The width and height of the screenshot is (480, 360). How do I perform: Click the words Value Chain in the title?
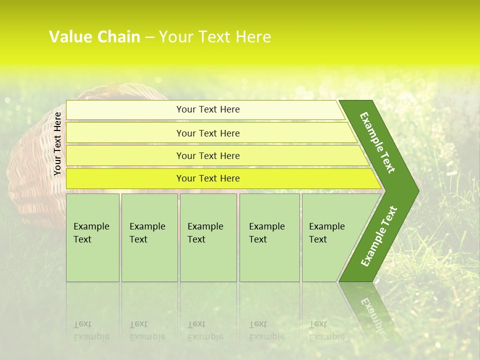click(94, 37)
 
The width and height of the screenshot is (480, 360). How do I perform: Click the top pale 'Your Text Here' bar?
click(207, 110)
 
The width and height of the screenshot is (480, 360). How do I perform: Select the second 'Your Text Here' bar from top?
click(207, 133)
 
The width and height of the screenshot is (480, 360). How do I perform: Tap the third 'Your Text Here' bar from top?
click(207, 156)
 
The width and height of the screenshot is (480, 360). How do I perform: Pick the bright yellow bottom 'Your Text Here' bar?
click(207, 178)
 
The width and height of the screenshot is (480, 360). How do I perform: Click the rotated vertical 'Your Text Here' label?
click(57, 144)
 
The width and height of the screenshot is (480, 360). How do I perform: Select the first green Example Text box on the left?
click(92, 237)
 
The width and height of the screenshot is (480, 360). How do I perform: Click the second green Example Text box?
click(149, 237)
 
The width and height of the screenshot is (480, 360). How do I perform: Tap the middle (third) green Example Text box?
click(208, 237)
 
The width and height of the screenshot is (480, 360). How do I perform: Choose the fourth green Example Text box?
click(269, 237)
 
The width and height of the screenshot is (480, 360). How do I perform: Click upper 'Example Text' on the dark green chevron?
click(378, 142)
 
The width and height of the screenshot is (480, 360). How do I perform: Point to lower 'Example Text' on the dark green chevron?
click(379, 236)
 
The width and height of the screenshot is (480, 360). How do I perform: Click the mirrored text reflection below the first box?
click(91, 330)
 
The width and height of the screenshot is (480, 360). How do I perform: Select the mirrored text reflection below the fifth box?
click(327, 330)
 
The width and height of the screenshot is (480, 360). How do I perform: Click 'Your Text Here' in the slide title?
click(214, 37)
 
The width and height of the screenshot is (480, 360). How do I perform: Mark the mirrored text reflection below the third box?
click(205, 330)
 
